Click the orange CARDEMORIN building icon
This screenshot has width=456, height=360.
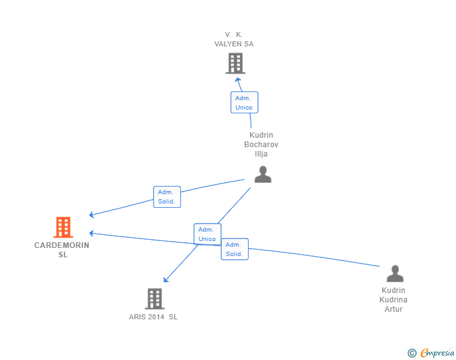(63, 227)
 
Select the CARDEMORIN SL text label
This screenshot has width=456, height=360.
(62, 250)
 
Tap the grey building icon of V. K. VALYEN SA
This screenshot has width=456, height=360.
(236, 63)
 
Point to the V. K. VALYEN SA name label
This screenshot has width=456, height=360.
(234, 39)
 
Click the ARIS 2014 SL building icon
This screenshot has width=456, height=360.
(155, 299)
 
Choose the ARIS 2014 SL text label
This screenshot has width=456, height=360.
(153, 317)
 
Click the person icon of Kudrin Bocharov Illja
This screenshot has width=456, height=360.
(263, 174)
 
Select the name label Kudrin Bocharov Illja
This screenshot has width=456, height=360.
(261, 144)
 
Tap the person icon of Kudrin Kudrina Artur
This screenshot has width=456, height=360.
(395, 274)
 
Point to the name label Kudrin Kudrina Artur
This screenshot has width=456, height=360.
(393, 299)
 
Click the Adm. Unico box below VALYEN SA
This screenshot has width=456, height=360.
(244, 102)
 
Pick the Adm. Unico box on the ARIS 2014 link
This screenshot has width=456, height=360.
(207, 234)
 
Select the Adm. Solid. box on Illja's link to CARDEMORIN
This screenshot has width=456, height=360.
(167, 197)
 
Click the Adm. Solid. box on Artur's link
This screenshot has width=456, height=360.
(235, 249)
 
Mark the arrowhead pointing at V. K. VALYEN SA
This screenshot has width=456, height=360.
(238, 80)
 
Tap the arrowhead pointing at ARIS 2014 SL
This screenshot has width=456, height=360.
(166, 280)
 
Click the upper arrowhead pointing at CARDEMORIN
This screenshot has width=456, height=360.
(91, 215)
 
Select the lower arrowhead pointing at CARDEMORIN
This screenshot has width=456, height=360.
(91, 233)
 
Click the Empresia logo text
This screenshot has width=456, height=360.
(437, 353)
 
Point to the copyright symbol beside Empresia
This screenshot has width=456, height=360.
(412, 353)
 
